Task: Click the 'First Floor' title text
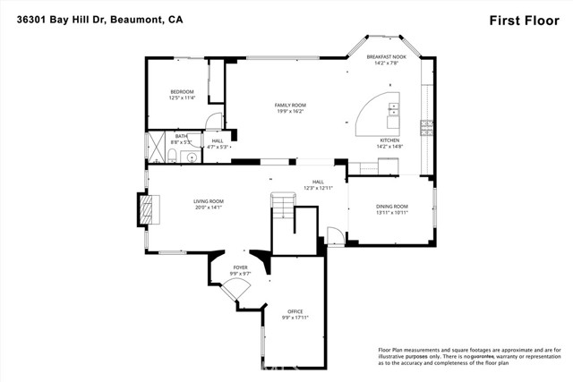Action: coord(525,19)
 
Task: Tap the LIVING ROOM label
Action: coord(208,204)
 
